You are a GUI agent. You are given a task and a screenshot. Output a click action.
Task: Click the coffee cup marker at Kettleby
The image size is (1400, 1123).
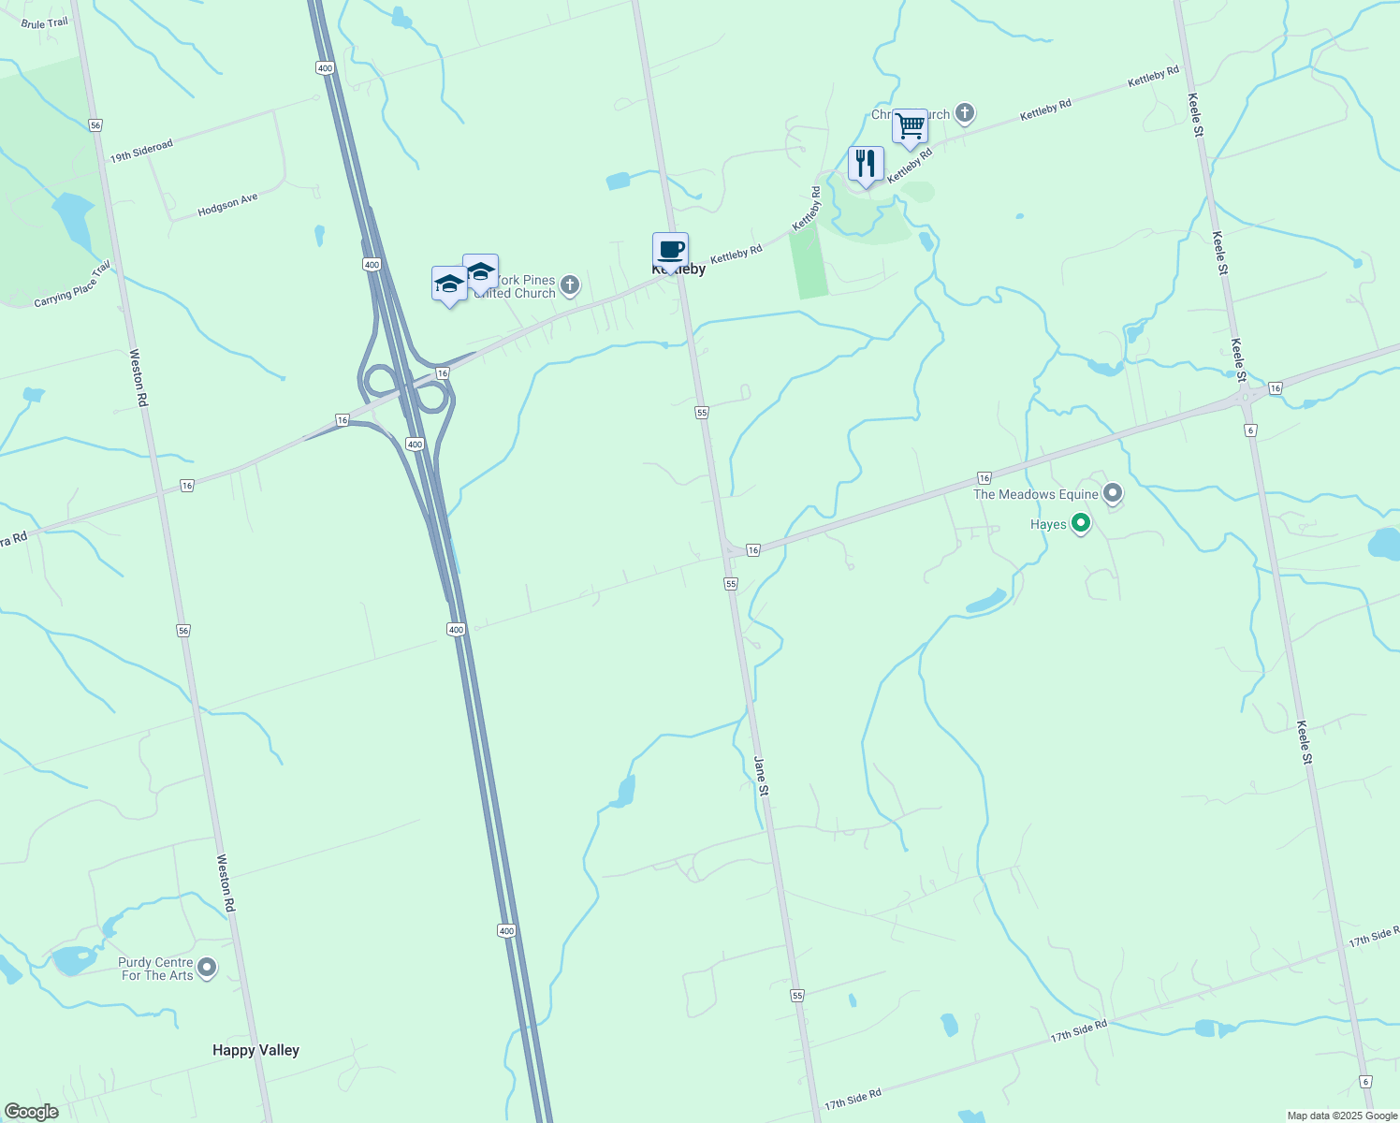point(670,251)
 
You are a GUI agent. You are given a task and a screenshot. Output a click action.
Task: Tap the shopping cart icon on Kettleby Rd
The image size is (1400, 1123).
point(910,126)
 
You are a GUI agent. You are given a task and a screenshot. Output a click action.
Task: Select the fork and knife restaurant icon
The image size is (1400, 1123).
point(866,164)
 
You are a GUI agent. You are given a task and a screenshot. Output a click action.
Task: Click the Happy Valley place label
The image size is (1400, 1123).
point(255,1050)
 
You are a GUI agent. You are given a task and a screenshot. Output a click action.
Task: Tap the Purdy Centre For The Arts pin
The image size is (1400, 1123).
point(207,968)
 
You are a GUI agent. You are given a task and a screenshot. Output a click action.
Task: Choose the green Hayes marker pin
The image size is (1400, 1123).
point(1081,524)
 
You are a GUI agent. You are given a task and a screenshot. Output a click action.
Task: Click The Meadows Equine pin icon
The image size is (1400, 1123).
point(1113,492)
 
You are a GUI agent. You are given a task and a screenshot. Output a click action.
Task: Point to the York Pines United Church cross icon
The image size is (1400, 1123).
point(570,284)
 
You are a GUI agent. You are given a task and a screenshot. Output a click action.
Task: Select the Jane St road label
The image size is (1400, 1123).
point(762,776)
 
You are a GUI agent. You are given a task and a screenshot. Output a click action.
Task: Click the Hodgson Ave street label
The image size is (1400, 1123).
point(227,205)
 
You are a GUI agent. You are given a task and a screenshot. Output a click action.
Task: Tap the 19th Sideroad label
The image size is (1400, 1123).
point(141,152)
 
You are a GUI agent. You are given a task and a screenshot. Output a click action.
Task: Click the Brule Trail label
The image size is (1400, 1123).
point(45,23)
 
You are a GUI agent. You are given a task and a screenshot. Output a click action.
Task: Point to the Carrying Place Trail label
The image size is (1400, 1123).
point(72,284)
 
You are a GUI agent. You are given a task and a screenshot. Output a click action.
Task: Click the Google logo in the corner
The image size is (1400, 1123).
point(31,1112)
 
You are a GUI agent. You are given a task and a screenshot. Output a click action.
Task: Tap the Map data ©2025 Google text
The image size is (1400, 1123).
point(1341,1116)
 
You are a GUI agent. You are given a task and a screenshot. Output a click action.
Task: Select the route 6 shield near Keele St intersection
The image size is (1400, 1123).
point(1250,430)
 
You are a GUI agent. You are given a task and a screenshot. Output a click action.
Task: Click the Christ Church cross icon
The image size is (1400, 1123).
point(965,113)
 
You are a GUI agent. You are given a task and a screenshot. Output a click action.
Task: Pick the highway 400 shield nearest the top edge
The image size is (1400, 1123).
point(325,67)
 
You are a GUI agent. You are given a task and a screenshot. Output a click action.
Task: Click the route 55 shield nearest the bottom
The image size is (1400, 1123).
point(797,995)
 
